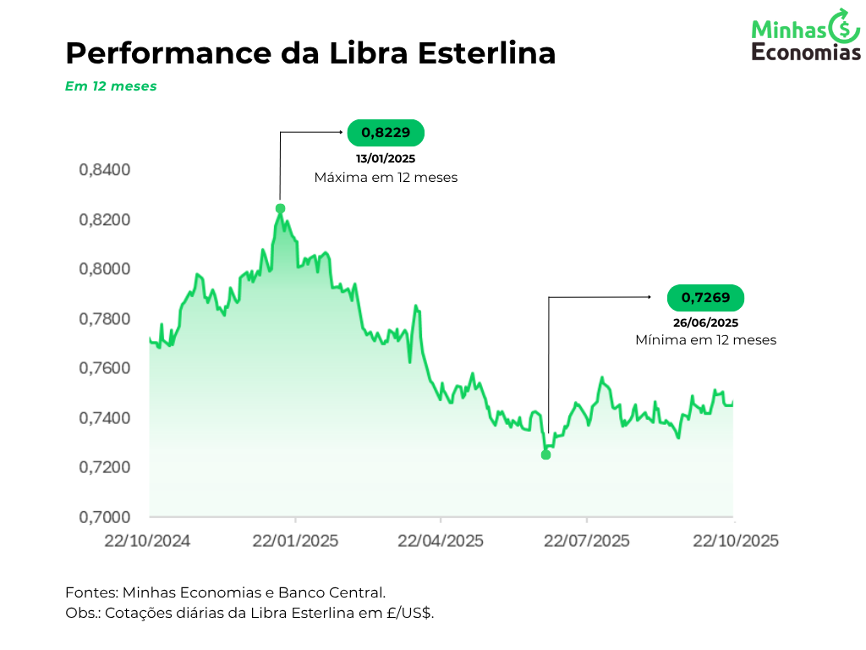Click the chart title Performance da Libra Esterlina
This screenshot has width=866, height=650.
pyautogui.click(x=310, y=53)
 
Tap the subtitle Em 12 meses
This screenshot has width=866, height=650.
pyautogui.click(x=111, y=86)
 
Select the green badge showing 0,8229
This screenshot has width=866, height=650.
pyautogui.click(x=386, y=132)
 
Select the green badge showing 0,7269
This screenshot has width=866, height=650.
pyautogui.click(x=705, y=298)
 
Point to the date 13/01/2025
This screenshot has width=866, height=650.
pyautogui.click(x=386, y=158)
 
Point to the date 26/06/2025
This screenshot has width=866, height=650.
pyautogui.click(x=705, y=322)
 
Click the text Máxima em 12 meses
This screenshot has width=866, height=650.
pyautogui.click(x=386, y=178)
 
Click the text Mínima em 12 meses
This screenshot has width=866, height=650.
pyautogui.click(x=705, y=340)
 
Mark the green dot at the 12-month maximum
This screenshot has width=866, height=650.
pyautogui.click(x=280, y=208)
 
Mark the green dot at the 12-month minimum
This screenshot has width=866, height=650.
pyautogui.click(x=545, y=454)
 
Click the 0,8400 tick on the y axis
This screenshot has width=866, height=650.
pyautogui.click(x=105, y=170)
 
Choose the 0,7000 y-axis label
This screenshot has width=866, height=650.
pyautogui.click(x=105, y=517)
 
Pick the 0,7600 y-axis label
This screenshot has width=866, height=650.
pyautogui.click(x=105, y=368)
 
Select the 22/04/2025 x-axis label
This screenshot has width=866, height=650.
pyautogui.click(x=441, y=541)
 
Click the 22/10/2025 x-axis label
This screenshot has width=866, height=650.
pyautogui.click(x=734, y=541)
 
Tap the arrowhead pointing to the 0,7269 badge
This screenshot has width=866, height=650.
pyautogui.click(x=649, y=297)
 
